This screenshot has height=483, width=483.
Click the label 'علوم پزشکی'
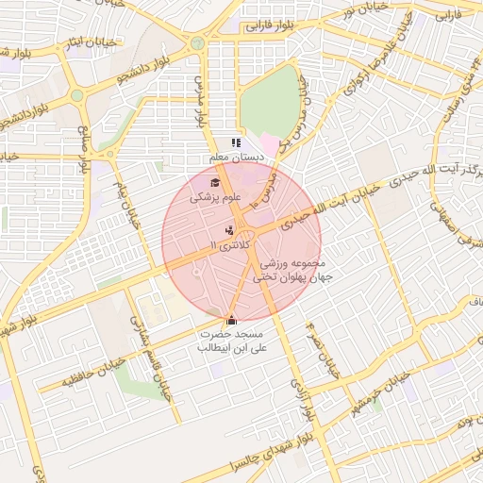pos(216,198)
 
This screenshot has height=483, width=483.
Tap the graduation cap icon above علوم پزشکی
pos(215,182)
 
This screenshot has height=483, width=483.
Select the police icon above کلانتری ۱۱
pos(229,229)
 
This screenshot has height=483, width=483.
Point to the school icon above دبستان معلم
pos(235,142)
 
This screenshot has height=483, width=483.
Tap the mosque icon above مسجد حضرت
pos(232,320)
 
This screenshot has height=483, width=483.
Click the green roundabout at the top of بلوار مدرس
pos(197,43)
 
